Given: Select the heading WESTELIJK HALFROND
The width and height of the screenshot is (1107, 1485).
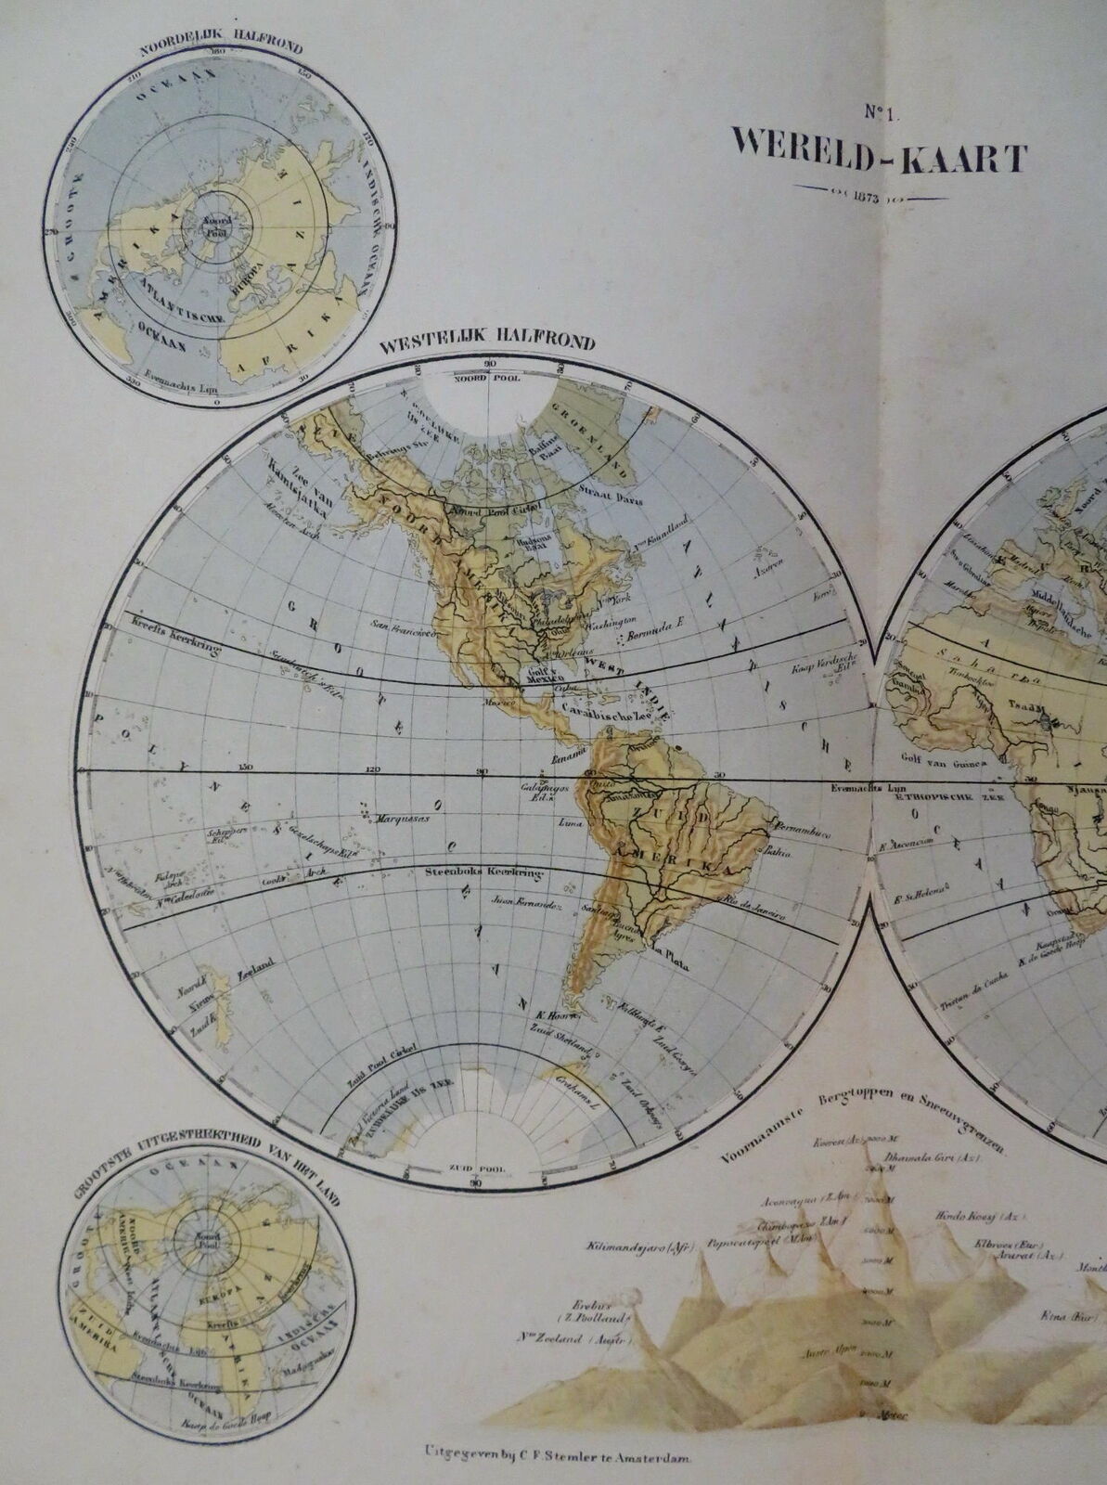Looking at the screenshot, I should (x=486, y=342).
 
